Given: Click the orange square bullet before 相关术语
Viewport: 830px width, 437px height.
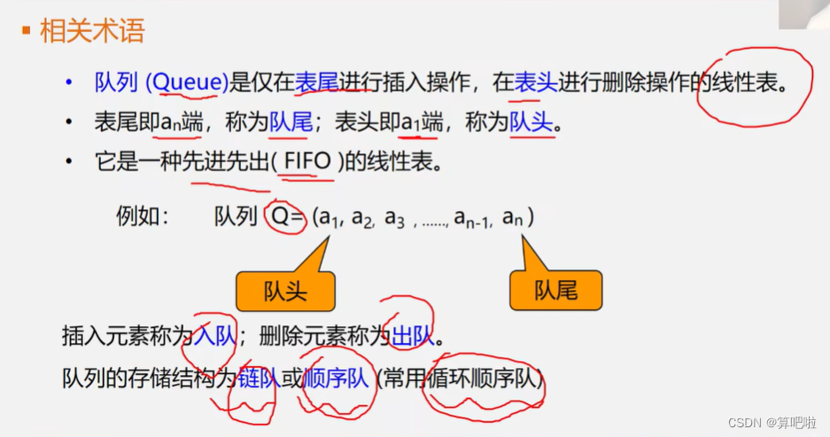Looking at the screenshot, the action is pos(27,32).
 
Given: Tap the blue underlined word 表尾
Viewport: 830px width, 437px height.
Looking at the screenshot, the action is pos(317,83).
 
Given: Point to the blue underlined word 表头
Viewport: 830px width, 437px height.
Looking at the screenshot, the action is pos(536,83).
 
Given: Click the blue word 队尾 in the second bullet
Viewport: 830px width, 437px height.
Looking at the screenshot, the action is pos(291,122).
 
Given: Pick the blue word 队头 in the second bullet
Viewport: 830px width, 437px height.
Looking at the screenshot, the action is pos(531,122).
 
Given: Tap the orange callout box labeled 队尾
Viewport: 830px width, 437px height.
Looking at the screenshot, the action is pos(555,291).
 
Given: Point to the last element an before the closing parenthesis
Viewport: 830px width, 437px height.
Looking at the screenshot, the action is pos(513,216).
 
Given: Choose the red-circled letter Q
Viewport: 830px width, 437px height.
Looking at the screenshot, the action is pos(280,216).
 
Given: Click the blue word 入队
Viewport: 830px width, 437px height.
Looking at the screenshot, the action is pos(214,336).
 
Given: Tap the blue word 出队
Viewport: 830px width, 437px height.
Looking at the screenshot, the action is pos(412,336).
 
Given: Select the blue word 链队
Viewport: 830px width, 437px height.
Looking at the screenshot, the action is pos(258,379).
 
